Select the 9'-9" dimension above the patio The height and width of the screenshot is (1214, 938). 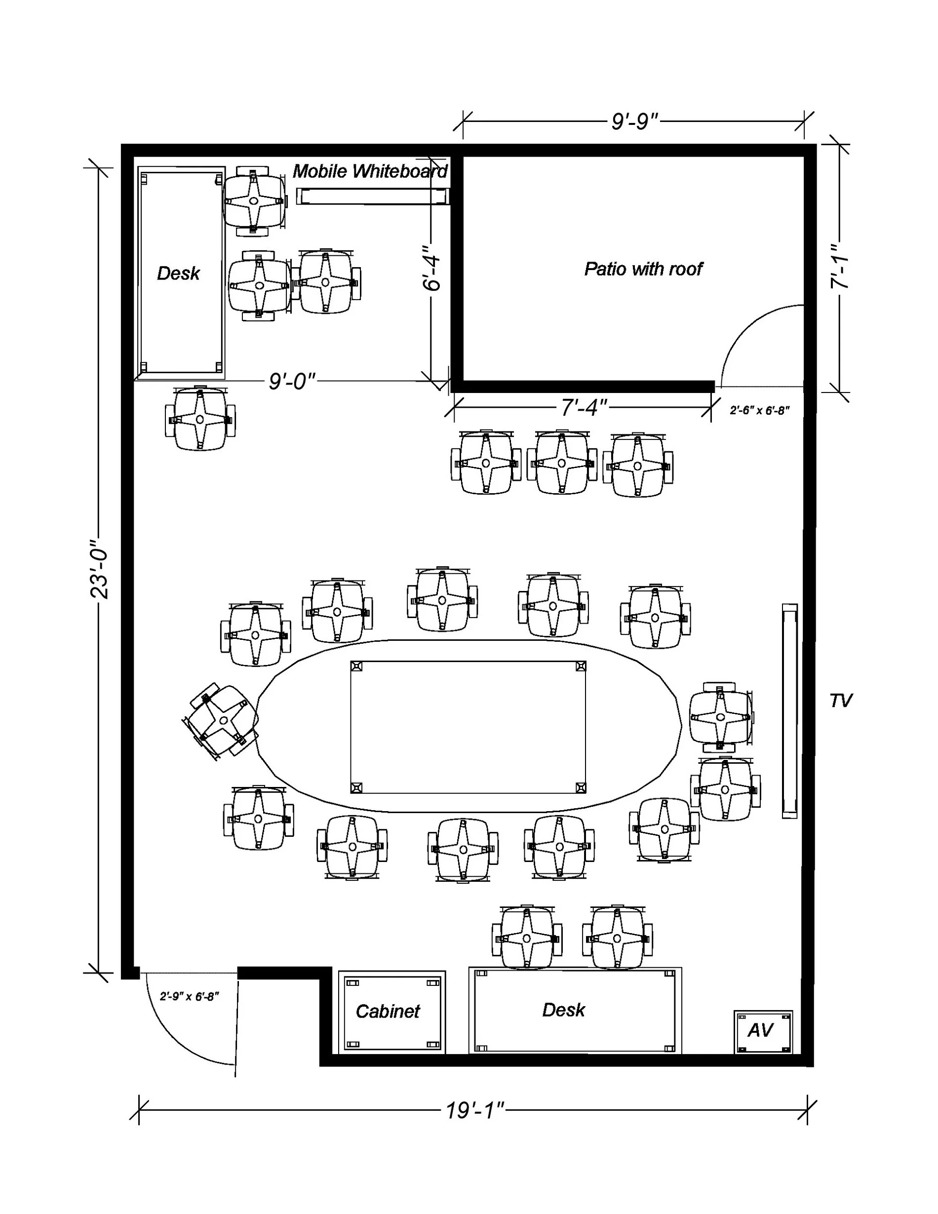[x=634, y=121]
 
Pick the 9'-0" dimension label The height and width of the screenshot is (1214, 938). [x=292, y=381]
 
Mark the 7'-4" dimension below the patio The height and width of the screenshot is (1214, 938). [x=584, y=407]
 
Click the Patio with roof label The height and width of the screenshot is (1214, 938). [x=643, y=269]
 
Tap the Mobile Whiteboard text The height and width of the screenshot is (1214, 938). [x=370, y=171]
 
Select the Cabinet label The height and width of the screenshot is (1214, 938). [x=388, y=1011]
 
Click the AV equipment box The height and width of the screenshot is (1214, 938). [x=763, y=1031]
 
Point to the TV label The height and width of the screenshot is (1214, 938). [x=840, y=701]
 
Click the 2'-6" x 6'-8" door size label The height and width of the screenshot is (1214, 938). [x=760, y=410]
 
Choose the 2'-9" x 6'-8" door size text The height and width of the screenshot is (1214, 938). [x=190, y=996]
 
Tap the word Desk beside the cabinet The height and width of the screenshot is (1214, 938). [x=563, y=1010]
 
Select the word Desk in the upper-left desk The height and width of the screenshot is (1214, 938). [x=178, y=273]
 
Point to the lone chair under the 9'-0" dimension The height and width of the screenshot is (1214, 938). [x=200, y=419]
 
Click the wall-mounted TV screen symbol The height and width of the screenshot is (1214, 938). [x=789, y=711]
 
